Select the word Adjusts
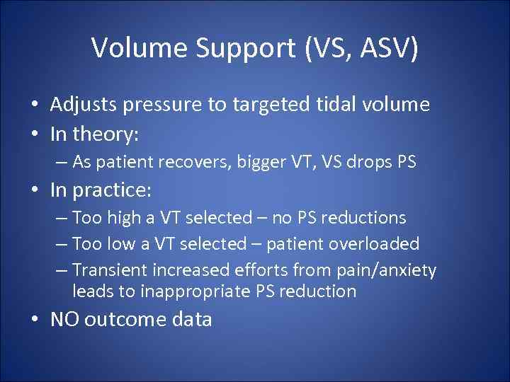84,105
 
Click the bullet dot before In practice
34,191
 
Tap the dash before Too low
60,244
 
